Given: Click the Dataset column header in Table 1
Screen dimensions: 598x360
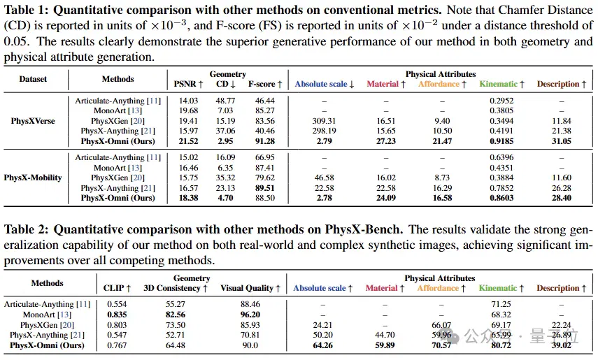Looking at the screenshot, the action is pos(33,79).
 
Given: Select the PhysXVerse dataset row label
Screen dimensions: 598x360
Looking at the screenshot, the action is pos(33,121).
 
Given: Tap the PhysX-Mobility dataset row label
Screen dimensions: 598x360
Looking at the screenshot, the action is pos(33,178).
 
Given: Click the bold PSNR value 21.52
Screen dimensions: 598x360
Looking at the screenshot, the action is pos(188,141).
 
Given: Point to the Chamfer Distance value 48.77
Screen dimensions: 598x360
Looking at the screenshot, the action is pos(225,101).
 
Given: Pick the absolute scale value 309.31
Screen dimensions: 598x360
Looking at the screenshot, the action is pos(324,121).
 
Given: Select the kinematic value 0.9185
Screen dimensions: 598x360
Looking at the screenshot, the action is pos(501,141).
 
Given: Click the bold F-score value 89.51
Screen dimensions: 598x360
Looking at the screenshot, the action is pos(265,188).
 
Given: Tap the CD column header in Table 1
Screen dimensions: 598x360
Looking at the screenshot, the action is pos(225,84).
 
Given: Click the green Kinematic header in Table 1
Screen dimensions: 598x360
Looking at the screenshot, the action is pos(501,84).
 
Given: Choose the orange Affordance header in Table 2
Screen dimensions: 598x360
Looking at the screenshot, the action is pos(441,288).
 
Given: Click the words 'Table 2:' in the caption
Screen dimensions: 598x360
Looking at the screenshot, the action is pos(26,229).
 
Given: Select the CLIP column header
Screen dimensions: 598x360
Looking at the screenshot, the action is pos(117,288).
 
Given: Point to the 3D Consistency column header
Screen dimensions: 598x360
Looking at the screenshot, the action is pos(176,288).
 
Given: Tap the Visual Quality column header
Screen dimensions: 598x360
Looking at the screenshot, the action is pos(250,288).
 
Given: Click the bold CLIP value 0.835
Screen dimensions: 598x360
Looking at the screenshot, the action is pos(117,315).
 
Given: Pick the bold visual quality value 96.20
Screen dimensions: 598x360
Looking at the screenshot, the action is pos(250,315).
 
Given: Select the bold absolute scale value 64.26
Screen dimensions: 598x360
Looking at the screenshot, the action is pos(322,345).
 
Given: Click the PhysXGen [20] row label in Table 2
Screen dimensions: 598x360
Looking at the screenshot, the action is pos(47,325).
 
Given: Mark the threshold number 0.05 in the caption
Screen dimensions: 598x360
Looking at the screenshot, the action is pos(16,41).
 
